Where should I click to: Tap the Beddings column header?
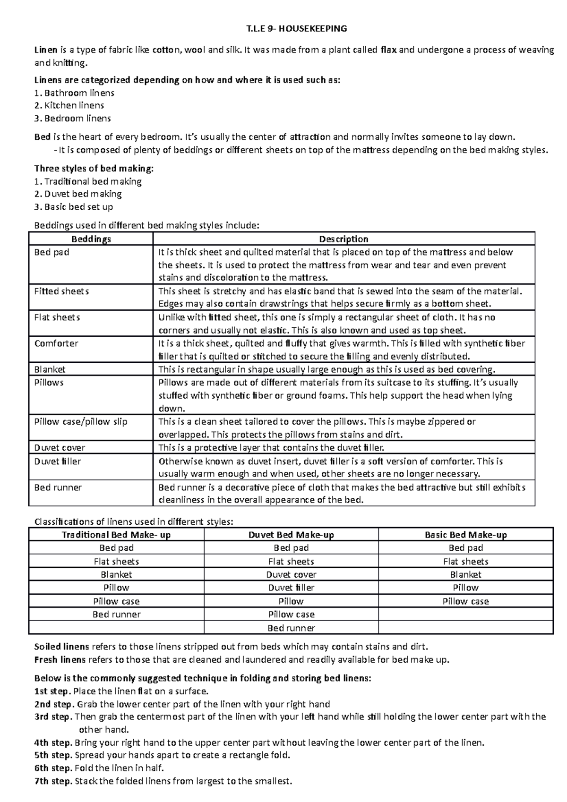click(91, 239)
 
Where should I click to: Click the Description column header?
click(344, 239)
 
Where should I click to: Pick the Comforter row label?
click(56, 343)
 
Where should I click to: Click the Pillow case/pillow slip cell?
click(81, 421)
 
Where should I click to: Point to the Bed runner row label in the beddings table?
click(58, 487)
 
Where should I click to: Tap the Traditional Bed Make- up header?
click(116, 535)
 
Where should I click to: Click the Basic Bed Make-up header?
click(465, 535)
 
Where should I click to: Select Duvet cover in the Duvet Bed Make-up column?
click(291, 575)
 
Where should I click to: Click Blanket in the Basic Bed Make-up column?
click(465, 575)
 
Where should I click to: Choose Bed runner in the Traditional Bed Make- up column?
click(116, 614)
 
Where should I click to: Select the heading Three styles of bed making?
click(94, 169)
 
